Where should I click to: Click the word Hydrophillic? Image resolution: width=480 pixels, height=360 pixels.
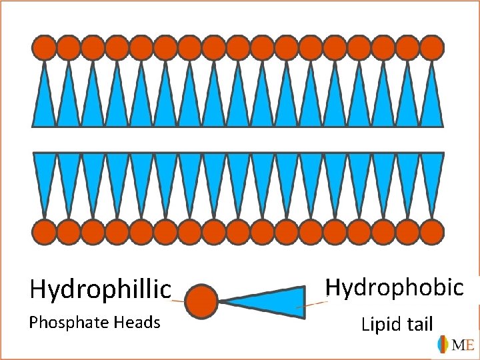tap(101, 289)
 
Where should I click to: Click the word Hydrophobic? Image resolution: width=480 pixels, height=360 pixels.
tap(394, 287)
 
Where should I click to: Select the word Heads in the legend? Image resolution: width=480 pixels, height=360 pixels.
tap(137, 323)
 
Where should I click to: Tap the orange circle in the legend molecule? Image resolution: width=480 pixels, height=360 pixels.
tap(201, 301)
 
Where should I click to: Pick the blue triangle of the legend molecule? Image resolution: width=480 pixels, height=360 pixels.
tap(273, 302)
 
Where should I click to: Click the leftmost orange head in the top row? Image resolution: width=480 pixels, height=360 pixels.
tap(45, 48)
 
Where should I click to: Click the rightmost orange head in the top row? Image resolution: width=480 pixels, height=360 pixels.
tap(432, 48)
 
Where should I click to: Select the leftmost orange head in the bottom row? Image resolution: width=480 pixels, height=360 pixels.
tap(45, 232)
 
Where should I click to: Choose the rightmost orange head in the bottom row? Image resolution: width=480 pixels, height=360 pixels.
tap(432, 232)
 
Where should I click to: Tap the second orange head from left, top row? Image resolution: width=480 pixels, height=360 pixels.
tap(69, 48)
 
